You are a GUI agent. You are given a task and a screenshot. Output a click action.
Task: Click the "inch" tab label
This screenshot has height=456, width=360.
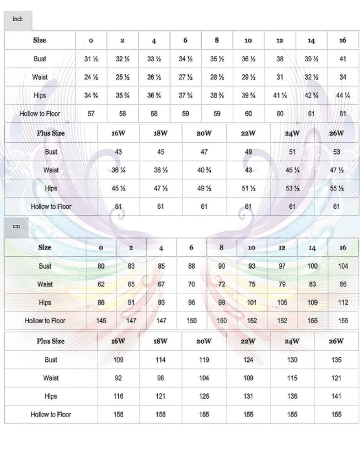coord(17,19)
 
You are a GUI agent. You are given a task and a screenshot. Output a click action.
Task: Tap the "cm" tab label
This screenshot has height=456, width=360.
coord(16,226)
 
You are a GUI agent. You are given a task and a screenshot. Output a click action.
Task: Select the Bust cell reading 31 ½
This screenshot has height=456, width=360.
coord(91,59)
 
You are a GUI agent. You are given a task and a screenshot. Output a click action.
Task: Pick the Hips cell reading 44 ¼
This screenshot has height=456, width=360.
coord(343,96)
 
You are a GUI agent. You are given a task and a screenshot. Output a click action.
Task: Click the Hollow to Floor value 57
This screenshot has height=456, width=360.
coord(91,114)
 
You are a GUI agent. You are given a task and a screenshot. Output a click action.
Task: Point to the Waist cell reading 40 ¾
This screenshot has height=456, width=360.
coord(204,170)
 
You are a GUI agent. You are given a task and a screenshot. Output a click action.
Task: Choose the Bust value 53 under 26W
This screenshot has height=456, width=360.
coord(336,152)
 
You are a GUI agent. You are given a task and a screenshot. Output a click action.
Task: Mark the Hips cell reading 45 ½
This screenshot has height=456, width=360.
coord(118,188)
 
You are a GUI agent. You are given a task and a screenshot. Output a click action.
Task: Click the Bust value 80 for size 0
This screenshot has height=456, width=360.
coord(101,266)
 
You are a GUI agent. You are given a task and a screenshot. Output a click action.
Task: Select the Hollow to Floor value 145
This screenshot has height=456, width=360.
coord(101,321)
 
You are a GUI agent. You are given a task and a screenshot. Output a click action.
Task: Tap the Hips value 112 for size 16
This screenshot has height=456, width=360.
coord(343,303)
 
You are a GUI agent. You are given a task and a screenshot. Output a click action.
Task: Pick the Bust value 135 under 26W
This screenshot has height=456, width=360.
coord(336,360)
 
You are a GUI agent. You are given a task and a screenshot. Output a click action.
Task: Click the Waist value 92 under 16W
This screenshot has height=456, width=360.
coord(118,378)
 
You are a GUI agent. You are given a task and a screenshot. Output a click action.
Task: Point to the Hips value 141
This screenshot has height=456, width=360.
coord(336,396)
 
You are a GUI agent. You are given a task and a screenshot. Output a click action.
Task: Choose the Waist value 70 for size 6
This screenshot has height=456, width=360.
coord(191,284)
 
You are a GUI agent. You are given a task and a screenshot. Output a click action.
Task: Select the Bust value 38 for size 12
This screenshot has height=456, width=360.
coord(280,59)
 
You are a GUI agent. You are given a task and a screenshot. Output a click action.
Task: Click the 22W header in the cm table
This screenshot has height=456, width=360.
coord(248,341)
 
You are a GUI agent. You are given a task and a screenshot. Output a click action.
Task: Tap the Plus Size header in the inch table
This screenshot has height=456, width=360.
coord(51,133)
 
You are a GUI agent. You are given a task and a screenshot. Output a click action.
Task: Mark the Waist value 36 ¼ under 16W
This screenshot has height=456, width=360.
coord(118,170)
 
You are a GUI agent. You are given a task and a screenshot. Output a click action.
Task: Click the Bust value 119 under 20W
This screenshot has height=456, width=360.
coord(204,360)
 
